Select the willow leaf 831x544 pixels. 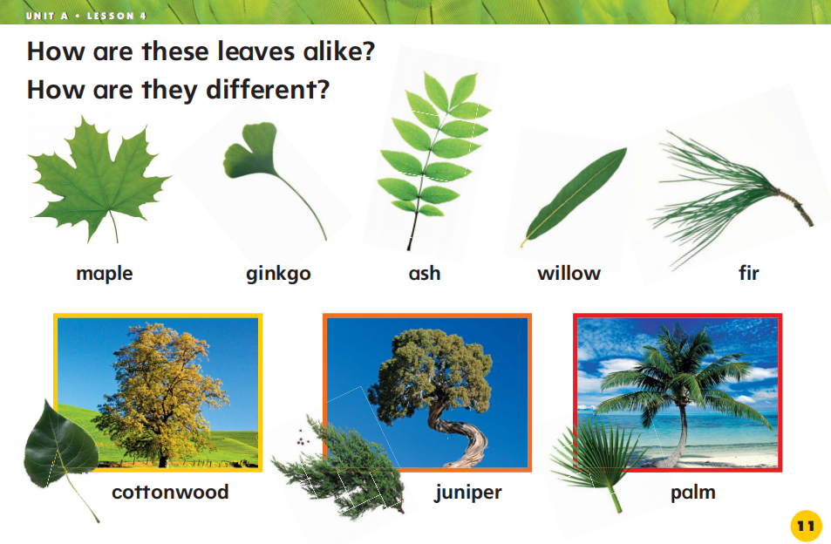[574, 197]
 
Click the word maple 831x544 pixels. [105, 274]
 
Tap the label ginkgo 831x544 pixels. [278, 274]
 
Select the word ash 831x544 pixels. [425, 274]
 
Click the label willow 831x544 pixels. [569, 274]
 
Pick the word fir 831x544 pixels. [749, 273]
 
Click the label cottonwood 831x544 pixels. [170, 492]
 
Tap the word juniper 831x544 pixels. [468, 492]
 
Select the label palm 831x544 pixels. [693, 492]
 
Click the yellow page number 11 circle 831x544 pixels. [806, 526]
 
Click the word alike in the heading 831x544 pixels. [338, 51]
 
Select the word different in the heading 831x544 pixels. [268, 90]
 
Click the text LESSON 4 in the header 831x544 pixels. [117, 16]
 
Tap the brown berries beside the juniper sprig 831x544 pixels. [302, 438]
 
